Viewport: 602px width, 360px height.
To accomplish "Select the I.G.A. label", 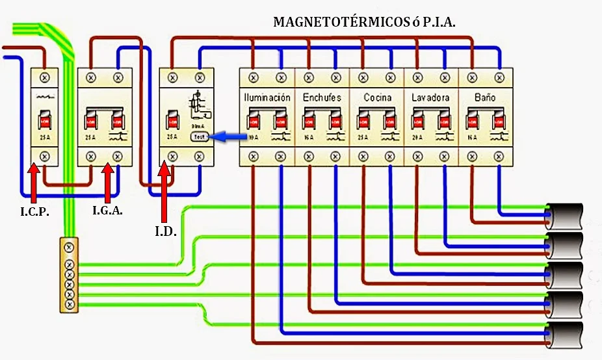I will click(x=108, y=211).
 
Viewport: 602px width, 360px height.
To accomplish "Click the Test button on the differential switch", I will click(x=199, y=136).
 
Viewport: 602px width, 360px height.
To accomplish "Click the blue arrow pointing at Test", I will click(x=229, y=136).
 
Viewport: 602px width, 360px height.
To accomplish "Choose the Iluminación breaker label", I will click(x=267, y=97).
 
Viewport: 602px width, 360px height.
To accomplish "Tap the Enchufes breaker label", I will click(x=321, y=97).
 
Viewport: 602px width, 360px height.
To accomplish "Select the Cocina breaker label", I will click(x=377, y=97).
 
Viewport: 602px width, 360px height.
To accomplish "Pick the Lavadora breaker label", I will click(x=430, y=97).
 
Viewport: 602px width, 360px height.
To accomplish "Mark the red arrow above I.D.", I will click(x=164, y=192).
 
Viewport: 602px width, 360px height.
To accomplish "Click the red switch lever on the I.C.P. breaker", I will click(x=45, y=121).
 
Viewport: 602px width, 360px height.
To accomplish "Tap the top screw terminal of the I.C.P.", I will click(x=45, y=78).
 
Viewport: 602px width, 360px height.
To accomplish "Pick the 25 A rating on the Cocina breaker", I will click(x=362, y=137).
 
